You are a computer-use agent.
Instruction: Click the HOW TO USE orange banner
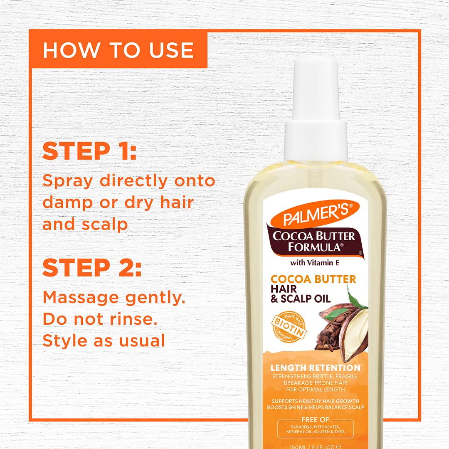(x=118, y=50)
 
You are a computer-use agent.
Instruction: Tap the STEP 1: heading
(x=89, y=151)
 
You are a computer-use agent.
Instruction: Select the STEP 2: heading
(x=92, y=268)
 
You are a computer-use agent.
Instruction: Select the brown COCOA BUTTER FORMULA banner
(x=314, y=242)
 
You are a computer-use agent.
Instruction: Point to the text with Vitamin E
(x=314, y=262)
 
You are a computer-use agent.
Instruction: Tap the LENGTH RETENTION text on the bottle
(x=315, y=368)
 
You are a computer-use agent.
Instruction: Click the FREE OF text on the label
(x=315, y=420)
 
